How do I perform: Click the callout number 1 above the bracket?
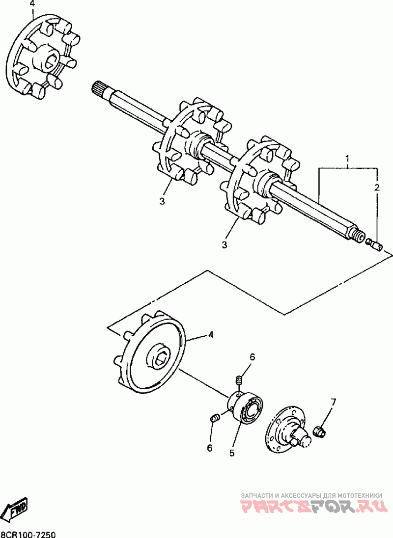(347, 159)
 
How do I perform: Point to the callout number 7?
(334, 403)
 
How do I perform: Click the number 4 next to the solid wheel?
(211, 335)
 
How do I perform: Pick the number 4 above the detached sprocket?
(32, 4)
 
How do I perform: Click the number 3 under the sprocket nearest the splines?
(162, 201)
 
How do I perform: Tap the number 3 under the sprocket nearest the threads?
(225, 244)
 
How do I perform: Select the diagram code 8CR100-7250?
(28, 533)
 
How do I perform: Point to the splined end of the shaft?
(100, 90)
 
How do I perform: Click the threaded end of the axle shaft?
(359, 237)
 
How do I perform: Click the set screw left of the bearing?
(214, 418)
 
